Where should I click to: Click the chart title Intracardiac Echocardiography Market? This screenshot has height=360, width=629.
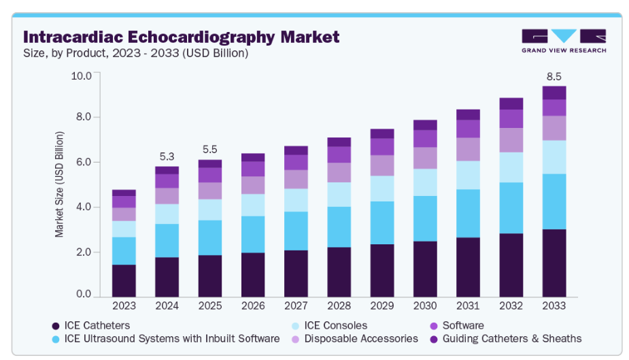tap(181, 36)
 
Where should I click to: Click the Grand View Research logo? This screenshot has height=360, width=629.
tap(564, 41)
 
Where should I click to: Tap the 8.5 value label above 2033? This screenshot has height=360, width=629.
tap(554, 77)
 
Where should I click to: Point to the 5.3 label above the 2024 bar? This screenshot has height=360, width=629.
tap(167, 156)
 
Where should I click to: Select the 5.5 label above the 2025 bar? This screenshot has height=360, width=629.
tap(209, 150)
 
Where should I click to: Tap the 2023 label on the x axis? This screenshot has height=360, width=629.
tap(124, 306)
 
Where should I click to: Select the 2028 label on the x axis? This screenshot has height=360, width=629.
tap(339, 306)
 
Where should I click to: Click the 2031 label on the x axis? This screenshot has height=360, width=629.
tap(468, 306)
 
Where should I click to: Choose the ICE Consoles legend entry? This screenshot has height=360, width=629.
tap(335, 326)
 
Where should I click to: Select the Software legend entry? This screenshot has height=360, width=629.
tap(462, 326)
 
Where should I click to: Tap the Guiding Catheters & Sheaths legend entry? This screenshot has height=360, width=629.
tap(511, 338)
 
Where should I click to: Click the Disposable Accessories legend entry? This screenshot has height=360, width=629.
tap(360, 338)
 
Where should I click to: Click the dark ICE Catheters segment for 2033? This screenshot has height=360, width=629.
tap(554, 263)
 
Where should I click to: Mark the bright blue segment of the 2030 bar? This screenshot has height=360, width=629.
tap(425, 218)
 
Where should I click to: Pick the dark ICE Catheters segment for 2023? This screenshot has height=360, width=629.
tap(124, 281)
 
